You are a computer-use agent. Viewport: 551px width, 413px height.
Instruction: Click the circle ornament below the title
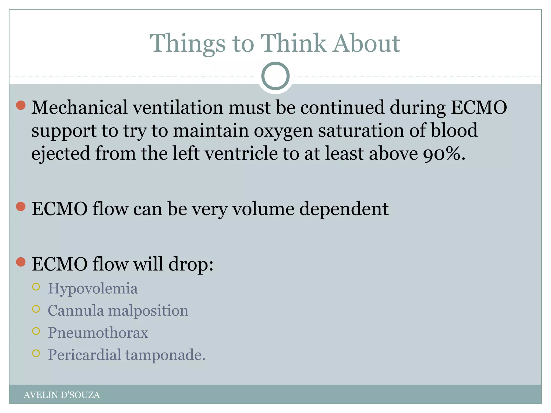click(x=275, y=76)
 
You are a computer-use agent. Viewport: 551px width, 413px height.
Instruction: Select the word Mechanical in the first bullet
click(x=79, y=107)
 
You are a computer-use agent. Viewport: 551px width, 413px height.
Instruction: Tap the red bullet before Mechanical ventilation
click(x=21, y=105)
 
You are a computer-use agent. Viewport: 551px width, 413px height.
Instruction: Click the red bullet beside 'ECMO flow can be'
click(x=21, y=207)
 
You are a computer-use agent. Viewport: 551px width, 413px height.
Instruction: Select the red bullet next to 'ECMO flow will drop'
click(x=21, y=262)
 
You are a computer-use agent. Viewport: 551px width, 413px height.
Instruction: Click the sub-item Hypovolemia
click(x=93, y=289)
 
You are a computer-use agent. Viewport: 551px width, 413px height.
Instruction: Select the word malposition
click(x=148, y=311)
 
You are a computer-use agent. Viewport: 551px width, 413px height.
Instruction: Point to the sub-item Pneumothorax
click(x=98, y=333)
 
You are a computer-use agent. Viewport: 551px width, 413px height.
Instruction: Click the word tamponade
click(x=165, y=355)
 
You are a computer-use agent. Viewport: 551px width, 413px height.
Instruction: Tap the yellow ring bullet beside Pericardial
click(x=36, y=353)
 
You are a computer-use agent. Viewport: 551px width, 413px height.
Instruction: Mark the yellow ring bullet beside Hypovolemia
click(x=36, y=287)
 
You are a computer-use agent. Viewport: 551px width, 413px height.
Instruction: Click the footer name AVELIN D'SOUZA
click(x=62, y=395)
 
